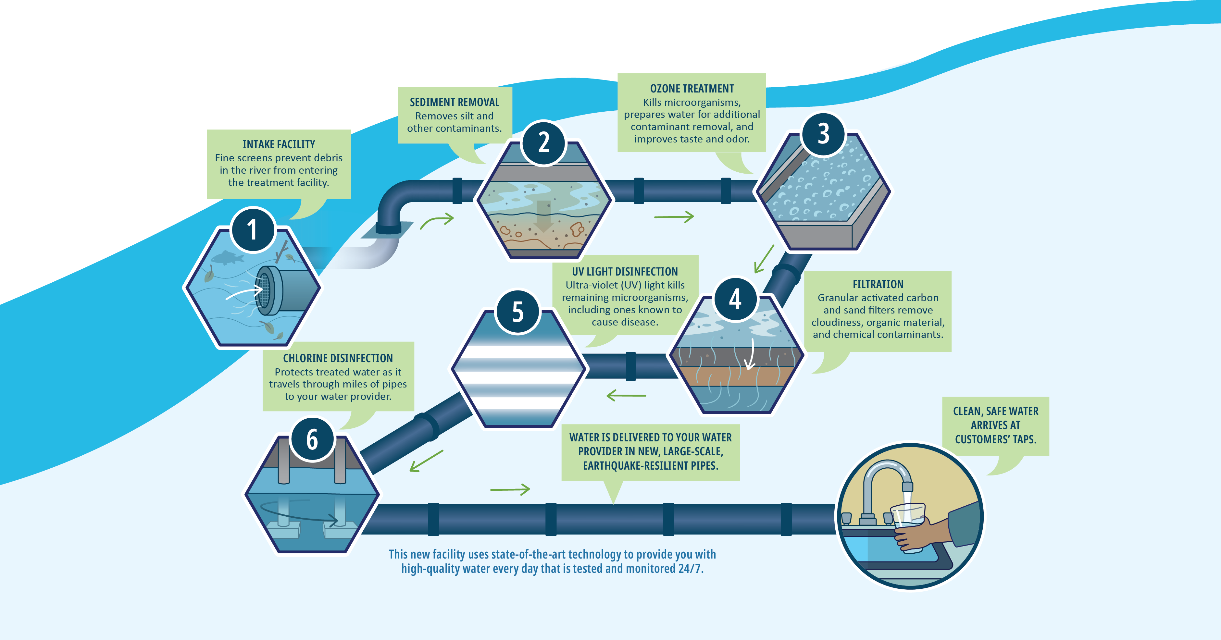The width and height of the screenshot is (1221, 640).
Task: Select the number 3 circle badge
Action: coord(823,134)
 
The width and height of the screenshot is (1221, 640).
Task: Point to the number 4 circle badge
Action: coord(735,299)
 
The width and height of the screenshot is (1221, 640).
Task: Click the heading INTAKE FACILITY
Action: coord(279,144)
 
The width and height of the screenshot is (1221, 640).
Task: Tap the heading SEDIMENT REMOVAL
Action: coord(455,102)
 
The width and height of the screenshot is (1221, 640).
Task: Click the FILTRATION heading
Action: coord(878,284)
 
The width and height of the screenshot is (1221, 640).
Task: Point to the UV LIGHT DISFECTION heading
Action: coord(625,271)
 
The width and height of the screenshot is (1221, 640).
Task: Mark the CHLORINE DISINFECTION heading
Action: coord(338,358)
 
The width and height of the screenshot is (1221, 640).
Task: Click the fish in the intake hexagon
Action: coord(227,258)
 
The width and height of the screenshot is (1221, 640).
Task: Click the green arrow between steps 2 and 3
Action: coord(674,217)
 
